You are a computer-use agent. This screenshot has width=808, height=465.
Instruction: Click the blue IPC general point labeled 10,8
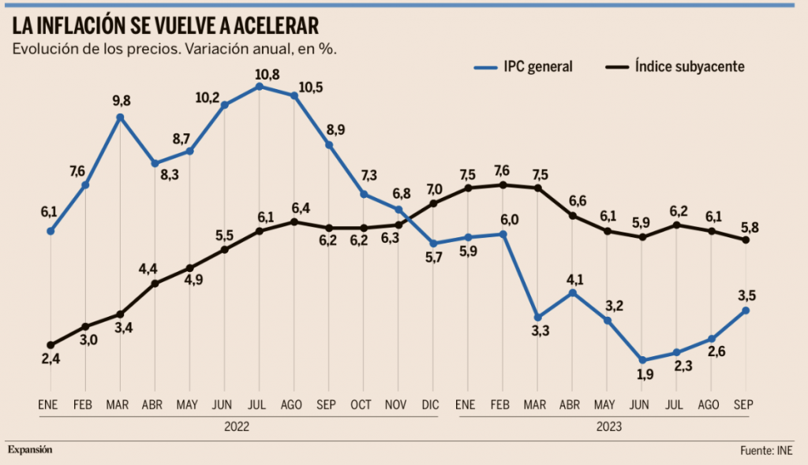(259, 86)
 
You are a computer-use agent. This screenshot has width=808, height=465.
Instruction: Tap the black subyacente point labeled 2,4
(50, 345)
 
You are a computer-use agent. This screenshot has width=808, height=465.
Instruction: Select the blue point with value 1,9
(642, 360)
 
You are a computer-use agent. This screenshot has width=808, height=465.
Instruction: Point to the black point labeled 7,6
(503, 185)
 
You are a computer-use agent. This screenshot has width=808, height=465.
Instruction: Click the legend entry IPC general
(537, 67)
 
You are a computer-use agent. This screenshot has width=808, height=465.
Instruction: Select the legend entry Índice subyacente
(689, 67)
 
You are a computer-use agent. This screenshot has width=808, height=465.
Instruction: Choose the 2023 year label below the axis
(608, 426)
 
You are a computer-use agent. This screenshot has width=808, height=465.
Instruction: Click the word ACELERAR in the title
(268, 26)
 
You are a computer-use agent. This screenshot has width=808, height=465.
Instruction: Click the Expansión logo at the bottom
(30, 449)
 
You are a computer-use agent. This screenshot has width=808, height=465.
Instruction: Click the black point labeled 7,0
(433, 203)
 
